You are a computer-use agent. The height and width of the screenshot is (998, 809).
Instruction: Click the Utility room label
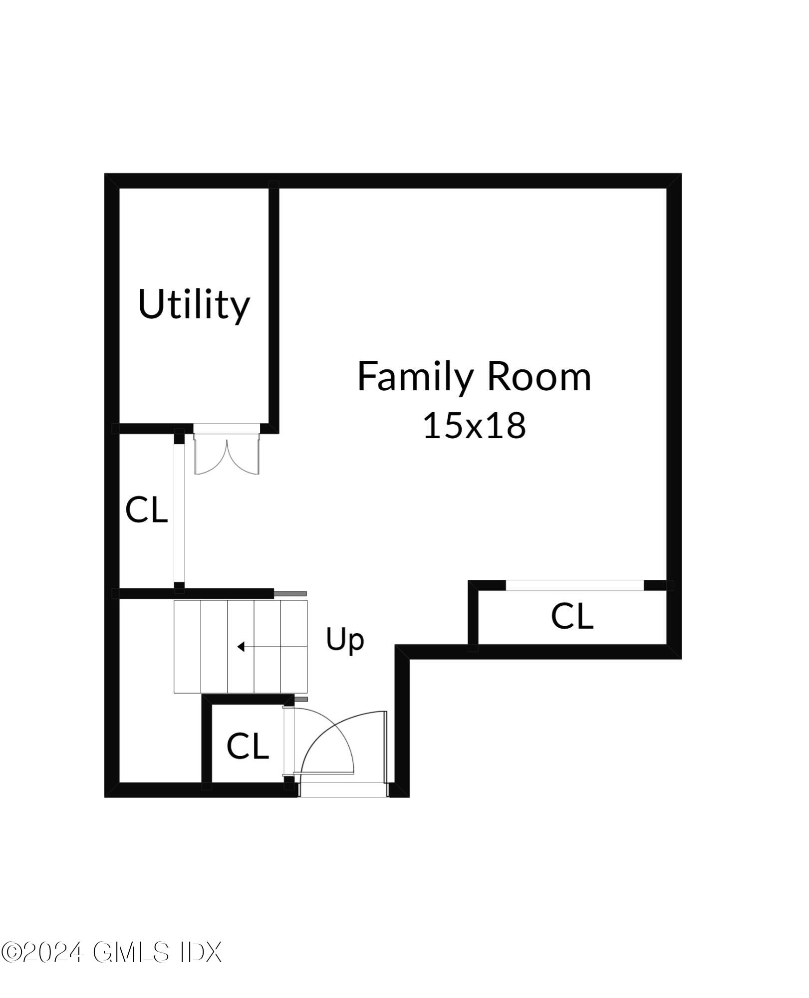tap(194, 304)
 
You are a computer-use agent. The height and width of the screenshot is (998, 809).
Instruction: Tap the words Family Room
tap(474, 377)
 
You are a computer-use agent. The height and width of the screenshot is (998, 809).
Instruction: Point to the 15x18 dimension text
tap(474, 426)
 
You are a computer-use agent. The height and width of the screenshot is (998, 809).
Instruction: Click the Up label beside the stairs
tap(345, 640)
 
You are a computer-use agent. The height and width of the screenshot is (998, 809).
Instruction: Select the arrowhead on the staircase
tap(241, 647)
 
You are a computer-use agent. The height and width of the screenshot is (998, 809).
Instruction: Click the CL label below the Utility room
tap(146, 510)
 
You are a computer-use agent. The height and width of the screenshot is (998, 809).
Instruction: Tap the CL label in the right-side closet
tap(572, 616)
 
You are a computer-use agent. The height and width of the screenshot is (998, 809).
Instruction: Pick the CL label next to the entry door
tap(248, 747)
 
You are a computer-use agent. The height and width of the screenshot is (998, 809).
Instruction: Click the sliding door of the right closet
tap(575, 585)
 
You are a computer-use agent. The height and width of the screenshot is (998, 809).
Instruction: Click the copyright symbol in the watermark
tap(10, 953)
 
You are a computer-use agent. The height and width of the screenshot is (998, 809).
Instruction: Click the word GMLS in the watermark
tap(131, 953)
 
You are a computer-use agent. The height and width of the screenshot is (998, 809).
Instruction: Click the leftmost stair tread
tap(187, 647)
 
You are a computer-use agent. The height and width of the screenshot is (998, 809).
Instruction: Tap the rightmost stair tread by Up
tap(294, 647)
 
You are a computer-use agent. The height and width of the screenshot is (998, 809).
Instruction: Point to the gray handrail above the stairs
tap(290, 594)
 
